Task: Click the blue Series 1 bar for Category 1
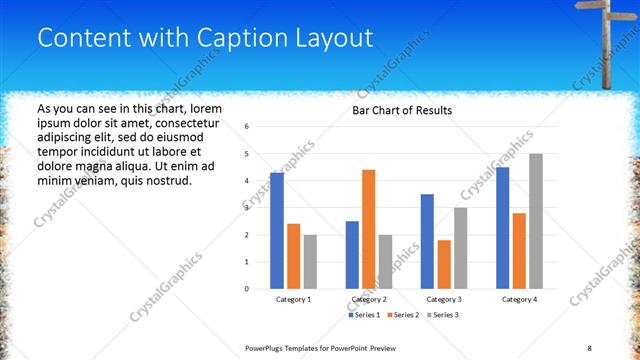[x=277, y=231]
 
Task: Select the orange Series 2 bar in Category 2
[x=368, y=229]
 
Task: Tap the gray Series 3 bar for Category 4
[x=536, y=221]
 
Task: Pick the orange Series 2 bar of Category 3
[x=444, y=264]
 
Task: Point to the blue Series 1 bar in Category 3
[x=427, y=241]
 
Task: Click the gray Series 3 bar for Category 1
[x=310, y=262]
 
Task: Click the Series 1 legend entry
[x=365, y=315]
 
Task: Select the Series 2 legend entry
[x=404, y=315]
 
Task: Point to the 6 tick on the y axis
[x=247, y=127]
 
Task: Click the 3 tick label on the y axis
[x=247, y=208]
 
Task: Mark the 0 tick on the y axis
[x=247, y=289]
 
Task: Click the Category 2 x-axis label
[x=368, y=299]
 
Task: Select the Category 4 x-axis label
[x=519, y=299]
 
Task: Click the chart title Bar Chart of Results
[x=403, y=110]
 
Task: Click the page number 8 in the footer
[x=590, y=346]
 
